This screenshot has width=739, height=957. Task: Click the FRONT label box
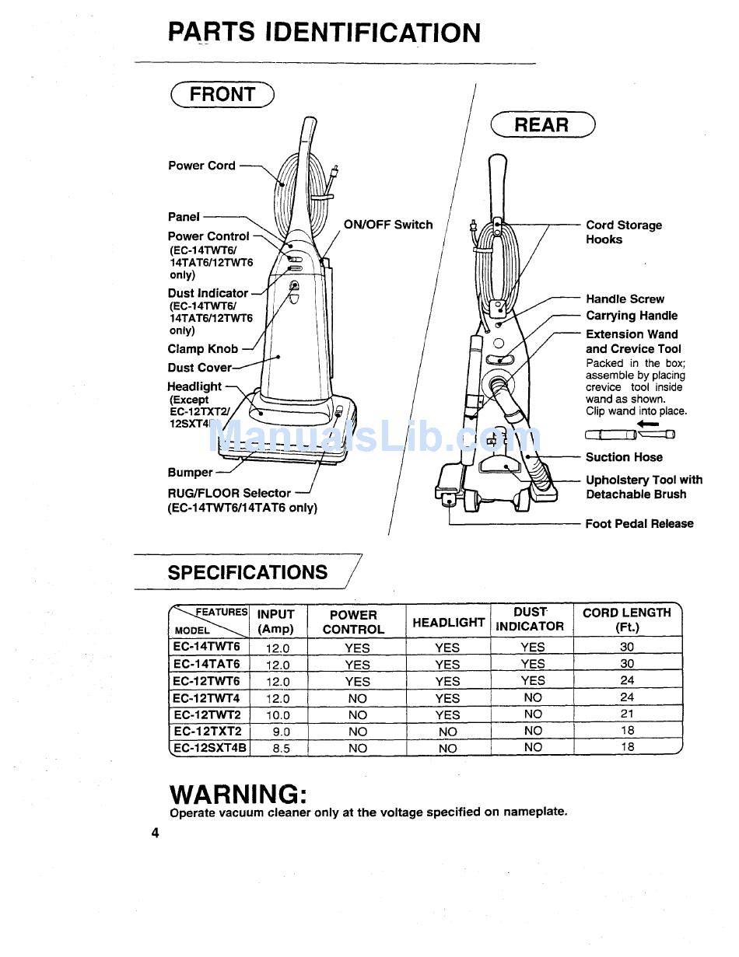222,94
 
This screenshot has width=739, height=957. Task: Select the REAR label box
542,124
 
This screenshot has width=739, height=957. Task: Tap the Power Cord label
201,166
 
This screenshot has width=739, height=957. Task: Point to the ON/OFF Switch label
388,225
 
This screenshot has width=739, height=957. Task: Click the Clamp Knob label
203,349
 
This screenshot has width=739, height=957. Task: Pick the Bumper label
190,473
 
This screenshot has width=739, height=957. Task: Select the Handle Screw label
625,299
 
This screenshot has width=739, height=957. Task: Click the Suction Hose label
624,457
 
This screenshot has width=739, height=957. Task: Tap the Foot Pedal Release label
639,524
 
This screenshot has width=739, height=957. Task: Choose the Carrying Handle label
631,316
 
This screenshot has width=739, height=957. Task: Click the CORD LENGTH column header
626,620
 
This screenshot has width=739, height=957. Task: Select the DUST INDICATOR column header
530,620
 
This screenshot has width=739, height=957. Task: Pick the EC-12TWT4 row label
207,698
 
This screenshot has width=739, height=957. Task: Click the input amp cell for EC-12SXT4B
278,749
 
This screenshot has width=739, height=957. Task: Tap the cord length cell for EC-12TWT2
627,714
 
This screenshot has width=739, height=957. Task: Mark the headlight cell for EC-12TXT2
447,732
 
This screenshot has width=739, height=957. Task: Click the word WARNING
238,795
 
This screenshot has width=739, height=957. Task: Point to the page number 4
156,833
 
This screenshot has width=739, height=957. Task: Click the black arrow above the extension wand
647,424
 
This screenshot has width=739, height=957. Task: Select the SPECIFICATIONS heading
247,573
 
